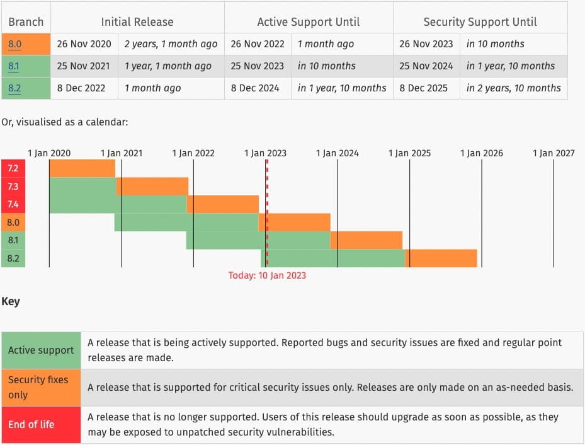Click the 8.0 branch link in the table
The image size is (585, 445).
[14, 44]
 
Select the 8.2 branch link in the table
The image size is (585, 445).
[14, 88]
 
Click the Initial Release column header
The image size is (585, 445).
[137, 21]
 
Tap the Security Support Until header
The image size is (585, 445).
[479, 21]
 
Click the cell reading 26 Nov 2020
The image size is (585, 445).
[84, 44]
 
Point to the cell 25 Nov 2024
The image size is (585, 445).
[426, 66]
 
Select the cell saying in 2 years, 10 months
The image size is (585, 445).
[513, 88]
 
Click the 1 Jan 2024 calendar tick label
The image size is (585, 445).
[338, 153]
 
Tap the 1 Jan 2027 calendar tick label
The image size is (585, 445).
[554, 153]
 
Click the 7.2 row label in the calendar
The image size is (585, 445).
[13, 169]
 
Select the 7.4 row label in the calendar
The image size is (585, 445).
[13, 205]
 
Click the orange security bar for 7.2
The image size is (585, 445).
[82, 169]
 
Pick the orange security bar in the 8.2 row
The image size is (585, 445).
[441, 258]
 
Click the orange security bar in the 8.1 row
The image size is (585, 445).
[366, 240]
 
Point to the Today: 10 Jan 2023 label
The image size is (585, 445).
[267, 275]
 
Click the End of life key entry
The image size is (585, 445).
[31, 424]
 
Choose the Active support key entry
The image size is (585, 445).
[41, 350]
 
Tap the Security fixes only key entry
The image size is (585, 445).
[38, 387]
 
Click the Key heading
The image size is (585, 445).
[11, 301]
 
